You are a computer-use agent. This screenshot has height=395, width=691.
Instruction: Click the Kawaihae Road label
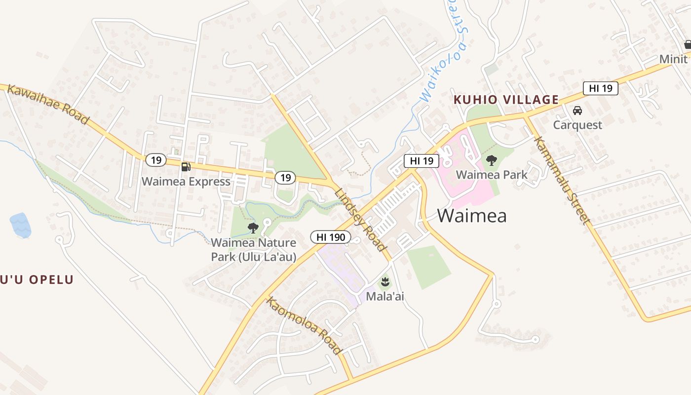48,104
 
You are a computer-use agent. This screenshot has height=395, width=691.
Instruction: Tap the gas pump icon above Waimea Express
186,167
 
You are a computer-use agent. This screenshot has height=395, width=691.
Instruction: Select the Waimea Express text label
186,181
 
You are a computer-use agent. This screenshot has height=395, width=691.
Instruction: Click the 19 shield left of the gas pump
156,160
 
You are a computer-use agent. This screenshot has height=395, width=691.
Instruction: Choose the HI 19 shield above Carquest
600,88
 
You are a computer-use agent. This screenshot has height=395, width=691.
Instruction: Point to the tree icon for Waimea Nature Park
253,228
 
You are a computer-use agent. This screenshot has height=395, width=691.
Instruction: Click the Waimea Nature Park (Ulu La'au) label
254,250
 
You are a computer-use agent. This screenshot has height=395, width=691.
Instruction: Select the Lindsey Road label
359,220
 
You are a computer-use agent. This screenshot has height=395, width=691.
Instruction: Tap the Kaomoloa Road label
304,325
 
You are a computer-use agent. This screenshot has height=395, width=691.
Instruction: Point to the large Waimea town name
471,216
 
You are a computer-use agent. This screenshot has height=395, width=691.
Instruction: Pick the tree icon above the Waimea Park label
491,160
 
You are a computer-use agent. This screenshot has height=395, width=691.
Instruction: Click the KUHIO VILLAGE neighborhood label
506,100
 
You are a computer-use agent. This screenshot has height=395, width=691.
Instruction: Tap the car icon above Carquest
577,111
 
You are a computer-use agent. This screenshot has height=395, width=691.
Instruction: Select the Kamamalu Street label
562,180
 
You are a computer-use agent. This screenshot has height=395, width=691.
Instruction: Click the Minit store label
673,59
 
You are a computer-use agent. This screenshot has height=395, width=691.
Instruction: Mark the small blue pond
20,225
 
